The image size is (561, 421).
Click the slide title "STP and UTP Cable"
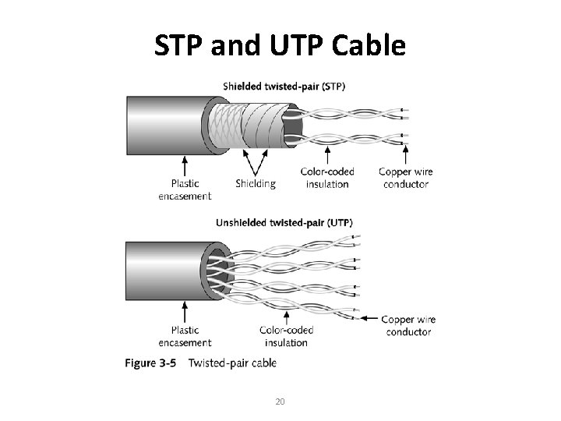tap(280, 46)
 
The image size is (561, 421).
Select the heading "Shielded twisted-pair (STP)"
tap(284, 86)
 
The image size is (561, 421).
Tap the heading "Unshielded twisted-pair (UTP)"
tap(284, 222)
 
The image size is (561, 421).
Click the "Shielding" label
tap(255, 184)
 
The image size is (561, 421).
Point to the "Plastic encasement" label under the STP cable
tap(185, 190)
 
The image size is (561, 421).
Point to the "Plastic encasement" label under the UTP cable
tap(185, 336)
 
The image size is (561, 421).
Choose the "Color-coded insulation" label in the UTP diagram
tap(286, 336)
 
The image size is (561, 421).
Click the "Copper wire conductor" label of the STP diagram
tap(406, 178)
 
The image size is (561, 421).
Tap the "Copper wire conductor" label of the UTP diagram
tap(408, 325)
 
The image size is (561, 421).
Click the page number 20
tap(280, 402)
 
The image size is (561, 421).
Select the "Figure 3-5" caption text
tap(152, 363)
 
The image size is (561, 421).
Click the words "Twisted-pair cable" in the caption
tap(232, 363)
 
